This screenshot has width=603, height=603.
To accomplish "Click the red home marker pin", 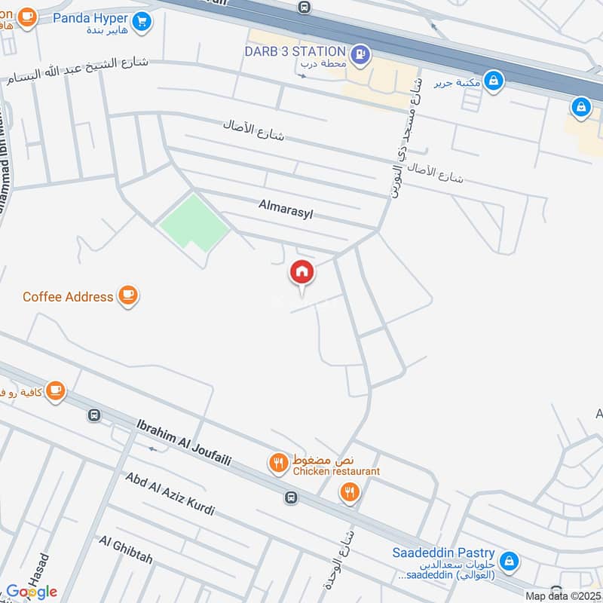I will (x=301, y=273).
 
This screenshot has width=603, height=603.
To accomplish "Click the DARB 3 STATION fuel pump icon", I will (x=361, y=54).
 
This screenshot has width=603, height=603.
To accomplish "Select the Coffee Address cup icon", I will (x=128, y=296).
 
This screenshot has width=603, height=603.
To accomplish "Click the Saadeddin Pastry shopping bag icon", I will (x=510, y=561).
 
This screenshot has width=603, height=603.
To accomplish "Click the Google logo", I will (x=32, y=591).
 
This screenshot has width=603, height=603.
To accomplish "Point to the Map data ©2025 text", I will (x=562, y=595).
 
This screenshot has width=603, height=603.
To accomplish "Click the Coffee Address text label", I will (x=68, y=296).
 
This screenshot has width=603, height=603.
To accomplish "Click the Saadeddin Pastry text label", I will (x=442, y=552).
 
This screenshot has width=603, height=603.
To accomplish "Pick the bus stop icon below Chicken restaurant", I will (x=291, y=497).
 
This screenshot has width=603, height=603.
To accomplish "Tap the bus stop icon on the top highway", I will (x=304, y=7).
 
